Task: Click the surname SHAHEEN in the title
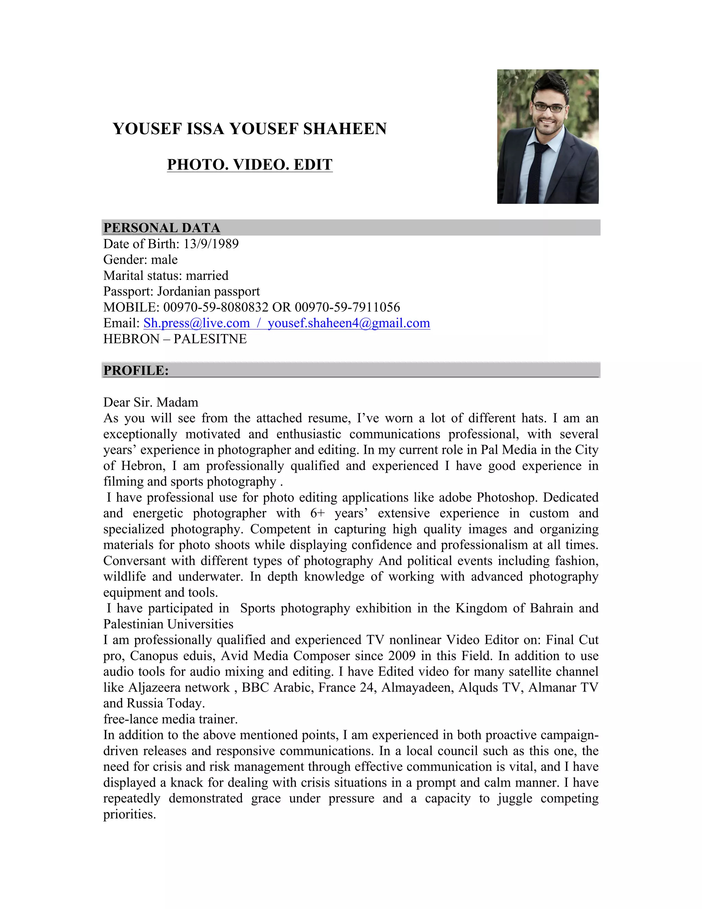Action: click(345, 129)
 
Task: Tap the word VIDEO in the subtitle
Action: click(261, 165)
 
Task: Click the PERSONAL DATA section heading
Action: click(162, 228)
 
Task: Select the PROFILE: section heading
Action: click(136, 370)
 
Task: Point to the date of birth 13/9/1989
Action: click(211, 244)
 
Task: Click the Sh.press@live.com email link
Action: click(196, 323)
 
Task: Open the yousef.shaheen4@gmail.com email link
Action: click(349, 323)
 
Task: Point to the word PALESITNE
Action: click(210, 339)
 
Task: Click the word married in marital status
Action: click(207, 275)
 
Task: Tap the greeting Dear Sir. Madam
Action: click(150, 402)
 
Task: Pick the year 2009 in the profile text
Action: click(402, 656)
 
